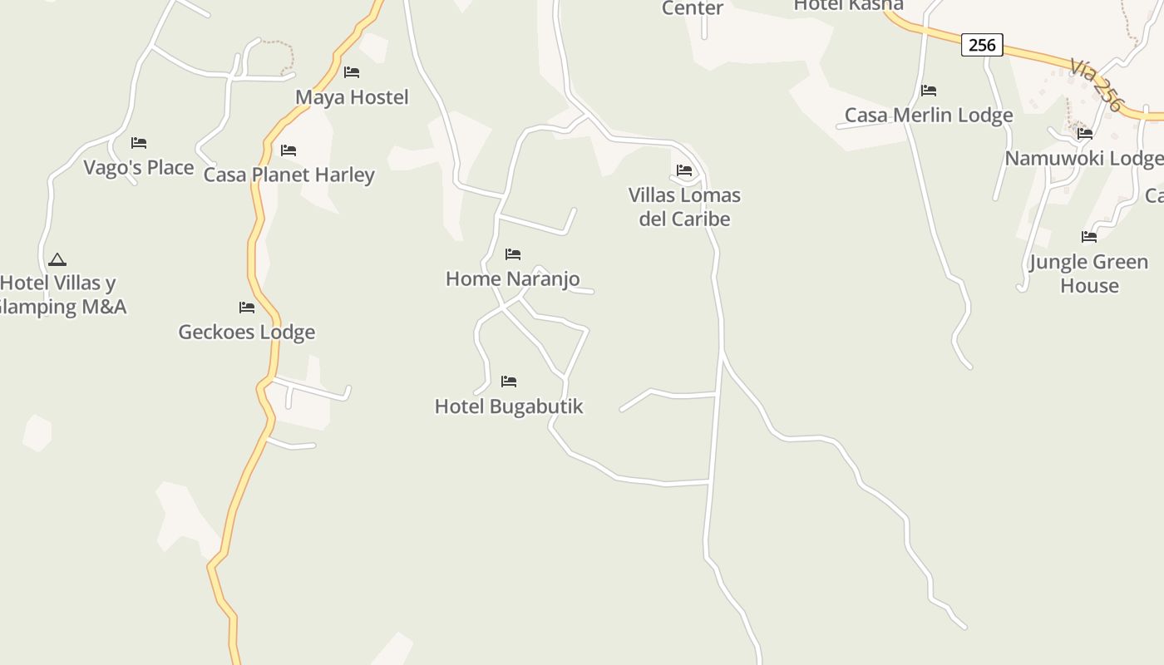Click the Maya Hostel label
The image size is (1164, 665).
tap(352, 97)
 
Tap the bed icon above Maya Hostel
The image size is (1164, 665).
tap(352, 72)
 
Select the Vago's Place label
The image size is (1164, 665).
tap(139, 167)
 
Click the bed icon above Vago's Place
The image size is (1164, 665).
tap(139, 143)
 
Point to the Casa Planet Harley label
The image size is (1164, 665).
tap(289, 175)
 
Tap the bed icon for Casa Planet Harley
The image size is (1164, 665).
tap(289, 150)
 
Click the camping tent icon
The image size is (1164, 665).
tap(57, 259)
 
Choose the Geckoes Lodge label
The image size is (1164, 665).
tap(247, 332)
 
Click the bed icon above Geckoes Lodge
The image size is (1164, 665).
tap(247, 308)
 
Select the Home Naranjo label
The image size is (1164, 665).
tap(512, 278)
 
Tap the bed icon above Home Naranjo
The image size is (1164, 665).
tap(513, 254)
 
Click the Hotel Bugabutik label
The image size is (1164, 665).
tap(509, 406)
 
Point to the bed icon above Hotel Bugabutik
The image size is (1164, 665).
tap(509, 382)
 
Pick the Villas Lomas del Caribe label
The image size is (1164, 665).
tap(684, 207)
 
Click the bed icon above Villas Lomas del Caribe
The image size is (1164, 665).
tap(684, 170)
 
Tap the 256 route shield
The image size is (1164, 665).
tap(982, 45)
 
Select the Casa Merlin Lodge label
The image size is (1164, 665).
tap(929, 115)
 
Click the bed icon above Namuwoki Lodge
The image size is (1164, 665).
tap(1085, 134)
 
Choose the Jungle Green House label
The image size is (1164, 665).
tap(1088, 273)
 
